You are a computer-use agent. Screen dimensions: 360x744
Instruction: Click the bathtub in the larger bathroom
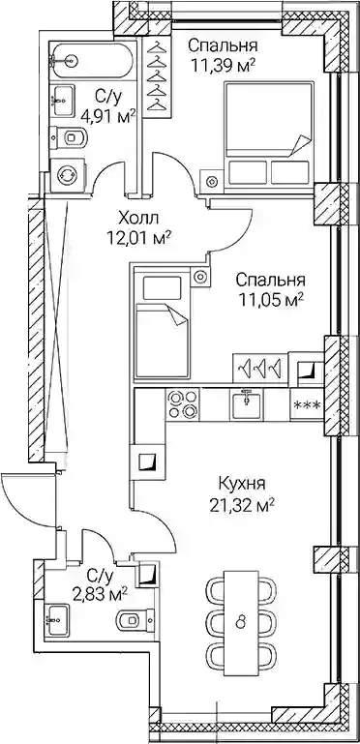click(92, 60)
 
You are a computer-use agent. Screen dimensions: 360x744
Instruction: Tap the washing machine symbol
click(69, 174)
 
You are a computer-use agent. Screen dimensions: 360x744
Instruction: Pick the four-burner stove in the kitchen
click(184, 403)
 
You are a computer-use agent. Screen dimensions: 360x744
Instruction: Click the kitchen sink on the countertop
click(245, 403)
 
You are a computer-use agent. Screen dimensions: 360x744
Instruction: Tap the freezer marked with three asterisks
click(307, 404)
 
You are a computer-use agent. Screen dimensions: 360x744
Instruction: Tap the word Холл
click(138, 219)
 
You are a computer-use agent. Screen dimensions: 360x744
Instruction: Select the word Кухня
click(241, 485)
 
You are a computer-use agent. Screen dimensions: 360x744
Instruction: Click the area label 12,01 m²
click(138, 237)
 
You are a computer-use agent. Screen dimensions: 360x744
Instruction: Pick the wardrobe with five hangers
click(157, 77)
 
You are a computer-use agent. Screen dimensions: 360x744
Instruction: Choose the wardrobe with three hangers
click(260, 368)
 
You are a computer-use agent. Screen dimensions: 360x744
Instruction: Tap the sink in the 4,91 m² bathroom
click(62, 100)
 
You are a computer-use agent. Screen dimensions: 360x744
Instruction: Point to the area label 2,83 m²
click(101, 594)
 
